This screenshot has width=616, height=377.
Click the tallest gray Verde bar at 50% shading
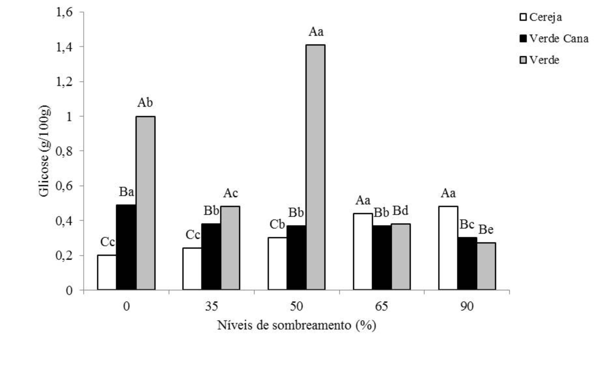click(315, 167)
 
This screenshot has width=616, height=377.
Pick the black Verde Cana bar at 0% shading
click(126, 247)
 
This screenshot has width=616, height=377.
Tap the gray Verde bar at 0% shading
click(146, 203)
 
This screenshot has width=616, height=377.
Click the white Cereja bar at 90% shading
click(448, 248)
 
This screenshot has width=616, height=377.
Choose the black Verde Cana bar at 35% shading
click(211, 257)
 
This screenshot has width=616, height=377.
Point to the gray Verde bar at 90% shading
click(486, 266)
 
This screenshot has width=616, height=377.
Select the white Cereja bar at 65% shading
click(363, 251)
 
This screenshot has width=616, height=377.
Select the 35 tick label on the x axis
click(212, 306)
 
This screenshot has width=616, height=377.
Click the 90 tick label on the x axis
click(467, 306)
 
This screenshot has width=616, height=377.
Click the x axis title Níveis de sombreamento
click(297, 325)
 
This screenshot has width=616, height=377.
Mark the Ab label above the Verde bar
click(145, 103)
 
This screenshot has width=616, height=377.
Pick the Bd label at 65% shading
click(400, 211)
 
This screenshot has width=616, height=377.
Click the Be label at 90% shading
click(486, 230)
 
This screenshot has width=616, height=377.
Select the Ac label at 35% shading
click(231, 193)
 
